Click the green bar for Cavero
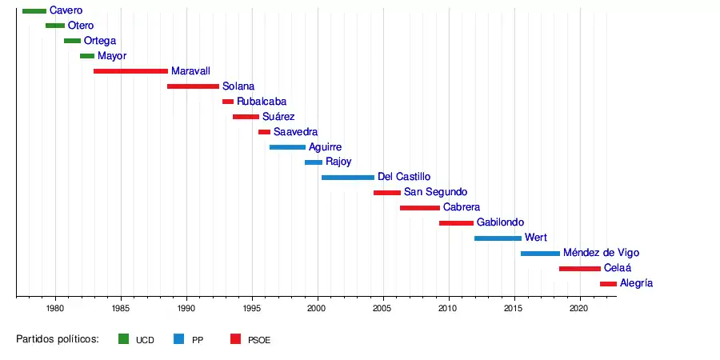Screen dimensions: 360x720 click(x=34, y=10)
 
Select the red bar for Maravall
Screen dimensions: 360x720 click(x=130, y=71)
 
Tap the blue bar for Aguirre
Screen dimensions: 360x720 click(x=287, y=147)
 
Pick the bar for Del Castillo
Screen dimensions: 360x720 click(x=347, y=177)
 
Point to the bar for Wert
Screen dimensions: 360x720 click(x=498, y=238)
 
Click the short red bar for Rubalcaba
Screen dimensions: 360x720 click(x=228, y=102)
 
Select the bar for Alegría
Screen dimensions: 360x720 click(x=608, y=283)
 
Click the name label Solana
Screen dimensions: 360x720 click(x=238, y=86)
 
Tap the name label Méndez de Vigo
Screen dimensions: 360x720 click(x=601, y=253)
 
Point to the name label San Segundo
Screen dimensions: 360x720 click(x=435, y=192)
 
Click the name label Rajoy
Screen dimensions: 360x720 click(x=338, y=162)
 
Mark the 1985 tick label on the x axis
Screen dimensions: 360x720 click(x=121, y=308)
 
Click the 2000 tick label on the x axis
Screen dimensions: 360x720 click(x=318, y=308)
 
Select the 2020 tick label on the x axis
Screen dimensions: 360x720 click(x=579, y=308)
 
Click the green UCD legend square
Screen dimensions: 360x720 click(x=123, y=339)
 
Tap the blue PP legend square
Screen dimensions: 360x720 click(x=178, y=339)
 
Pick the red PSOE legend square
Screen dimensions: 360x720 click(x=235, y=339)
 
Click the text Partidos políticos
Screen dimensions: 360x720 click(x=57, y=339)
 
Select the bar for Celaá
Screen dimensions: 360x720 click(x=579, y=268)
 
